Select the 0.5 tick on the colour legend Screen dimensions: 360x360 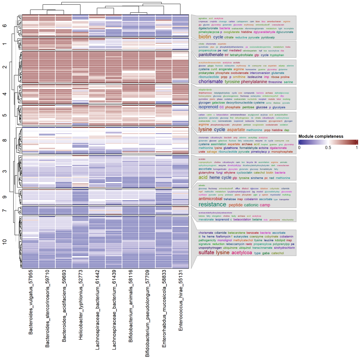(x=328, y=147)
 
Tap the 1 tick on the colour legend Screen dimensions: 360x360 (x=357, y=147)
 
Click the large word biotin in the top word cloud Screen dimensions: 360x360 (x=205, y=37)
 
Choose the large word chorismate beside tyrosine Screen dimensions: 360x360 (x=210, y=82)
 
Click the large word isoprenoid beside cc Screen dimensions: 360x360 (x=208, y=107)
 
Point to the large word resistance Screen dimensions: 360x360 (x=212, y=204)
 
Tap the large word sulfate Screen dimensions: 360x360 (x=206, y=253)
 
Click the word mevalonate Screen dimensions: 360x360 (x=206, y=220)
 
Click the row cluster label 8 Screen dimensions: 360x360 (x=4, y=140)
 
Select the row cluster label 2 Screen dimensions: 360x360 (x=4, y=67)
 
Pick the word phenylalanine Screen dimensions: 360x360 (x=254, y=82)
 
